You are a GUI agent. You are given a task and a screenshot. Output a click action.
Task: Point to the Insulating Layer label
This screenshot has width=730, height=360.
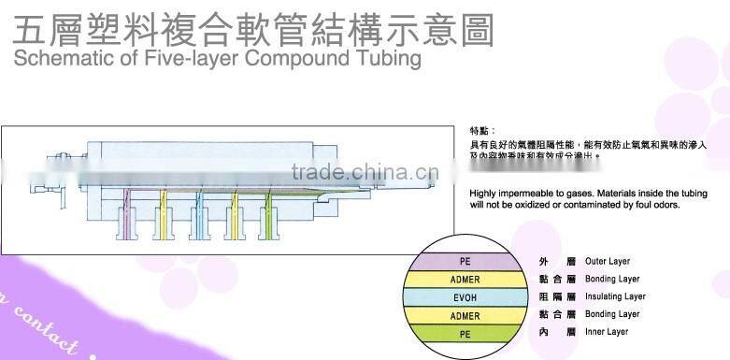615,296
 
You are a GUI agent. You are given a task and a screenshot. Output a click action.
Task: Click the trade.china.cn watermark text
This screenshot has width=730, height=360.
364,172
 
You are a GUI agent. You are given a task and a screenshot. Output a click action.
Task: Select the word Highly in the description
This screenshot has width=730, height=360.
483,193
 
